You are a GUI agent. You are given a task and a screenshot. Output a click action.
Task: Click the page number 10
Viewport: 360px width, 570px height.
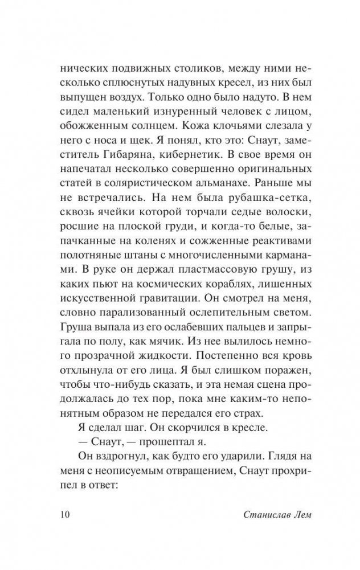tap(64, 515)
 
